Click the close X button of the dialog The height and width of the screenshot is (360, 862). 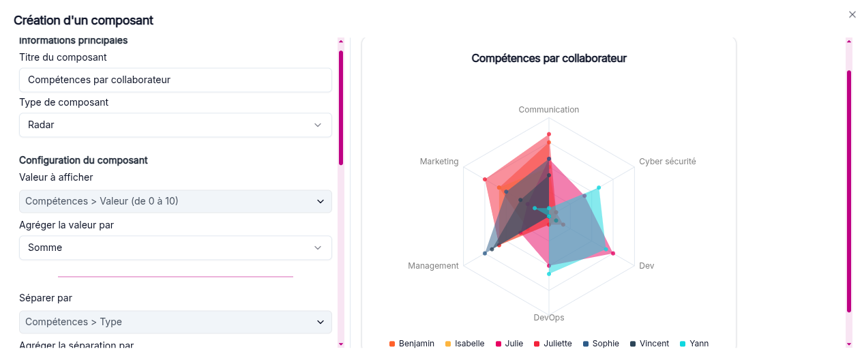[x=852, y=14]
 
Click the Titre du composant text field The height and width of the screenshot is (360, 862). [x=175, y=80]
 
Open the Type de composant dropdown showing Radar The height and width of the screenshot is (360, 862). [x=175, y=125]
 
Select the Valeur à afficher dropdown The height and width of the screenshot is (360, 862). [x=175, y=201]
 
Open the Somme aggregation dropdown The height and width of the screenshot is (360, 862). [x=175, y=247]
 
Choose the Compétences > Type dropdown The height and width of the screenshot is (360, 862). [x=175, y=322]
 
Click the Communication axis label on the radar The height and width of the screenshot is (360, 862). [x=548, y=110]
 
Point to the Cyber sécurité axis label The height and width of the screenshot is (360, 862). [x=667, y=162]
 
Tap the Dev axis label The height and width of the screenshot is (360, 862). [x=646, y=265]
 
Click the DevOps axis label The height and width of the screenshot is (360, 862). [x=549, y=318]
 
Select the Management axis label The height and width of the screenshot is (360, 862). [x=433, y=265]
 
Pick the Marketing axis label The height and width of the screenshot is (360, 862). [x=439, y=162]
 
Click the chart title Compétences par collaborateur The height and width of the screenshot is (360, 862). [x=549, y=59]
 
